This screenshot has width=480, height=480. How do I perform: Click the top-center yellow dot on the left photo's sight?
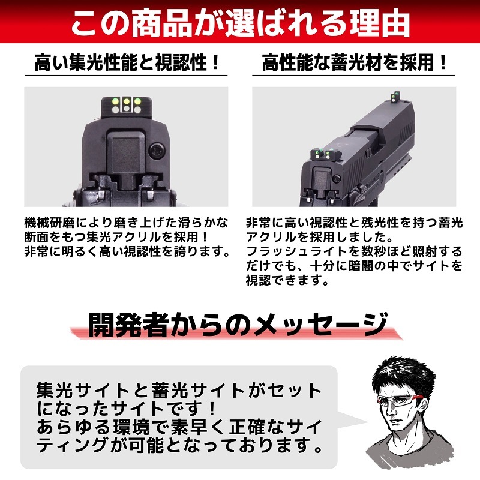(126, 101)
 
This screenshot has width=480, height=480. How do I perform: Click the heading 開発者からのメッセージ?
(236, 325)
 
